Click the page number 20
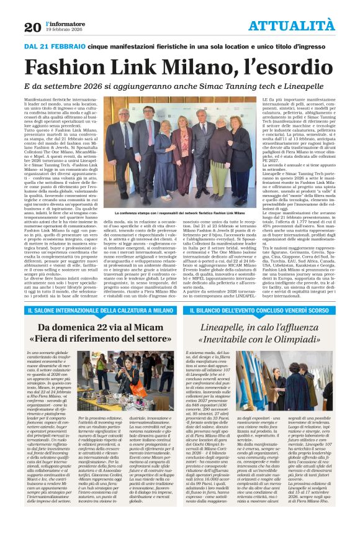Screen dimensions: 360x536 32,26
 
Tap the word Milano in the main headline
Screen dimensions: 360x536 210,65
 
